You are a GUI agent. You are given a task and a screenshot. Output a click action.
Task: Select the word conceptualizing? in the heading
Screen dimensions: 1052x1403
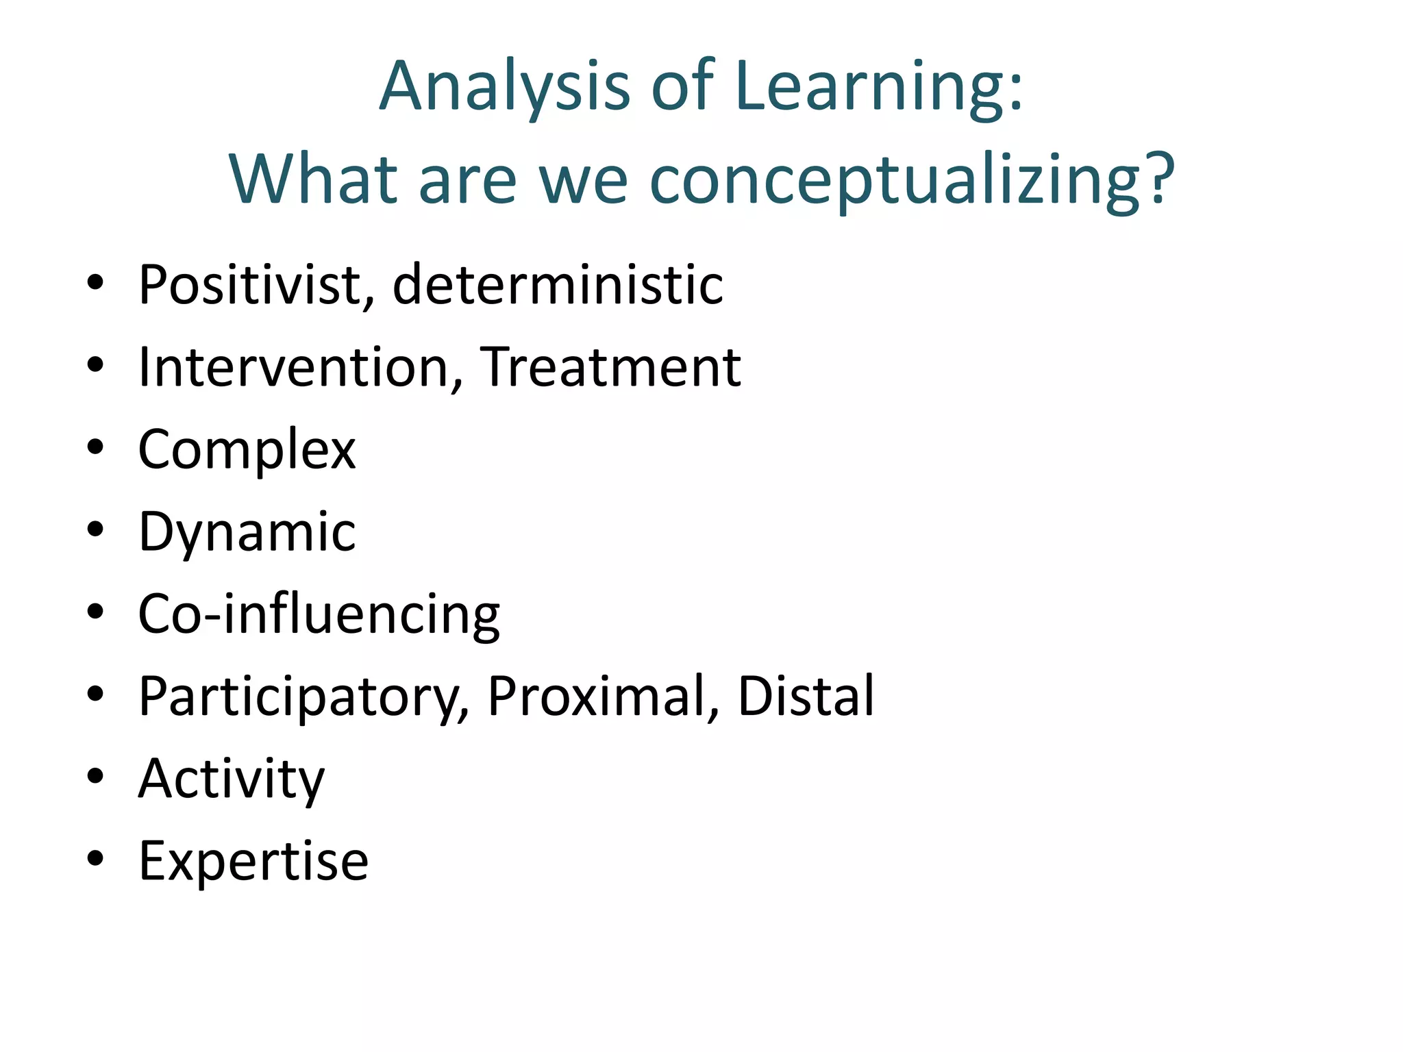(912, 179)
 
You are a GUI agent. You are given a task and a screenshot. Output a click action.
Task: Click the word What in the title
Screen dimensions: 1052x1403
(314, 179)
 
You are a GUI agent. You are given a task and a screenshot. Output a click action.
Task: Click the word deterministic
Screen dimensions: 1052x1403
(558, 284)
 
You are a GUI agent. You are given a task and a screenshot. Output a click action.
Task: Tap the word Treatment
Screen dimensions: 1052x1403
(610, 367)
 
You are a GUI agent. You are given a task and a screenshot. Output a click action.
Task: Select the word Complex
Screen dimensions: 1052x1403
(247, 450)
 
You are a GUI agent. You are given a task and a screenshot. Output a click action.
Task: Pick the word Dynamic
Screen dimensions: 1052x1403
(247, 532)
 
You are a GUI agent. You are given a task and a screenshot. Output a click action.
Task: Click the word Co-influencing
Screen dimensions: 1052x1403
(319, 614)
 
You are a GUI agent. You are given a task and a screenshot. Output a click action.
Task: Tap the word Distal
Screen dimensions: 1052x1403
(806, 697)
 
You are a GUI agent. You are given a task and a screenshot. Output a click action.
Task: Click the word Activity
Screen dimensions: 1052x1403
(232, 779)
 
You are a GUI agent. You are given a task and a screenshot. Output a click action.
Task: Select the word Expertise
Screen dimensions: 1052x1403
(253, 861)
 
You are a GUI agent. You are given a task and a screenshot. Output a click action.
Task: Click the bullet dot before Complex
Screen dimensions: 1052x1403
(95, 447)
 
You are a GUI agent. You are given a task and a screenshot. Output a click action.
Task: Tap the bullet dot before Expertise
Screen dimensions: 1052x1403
(95, 858)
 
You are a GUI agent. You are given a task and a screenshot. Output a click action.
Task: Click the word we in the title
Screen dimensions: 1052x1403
(583, 179)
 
